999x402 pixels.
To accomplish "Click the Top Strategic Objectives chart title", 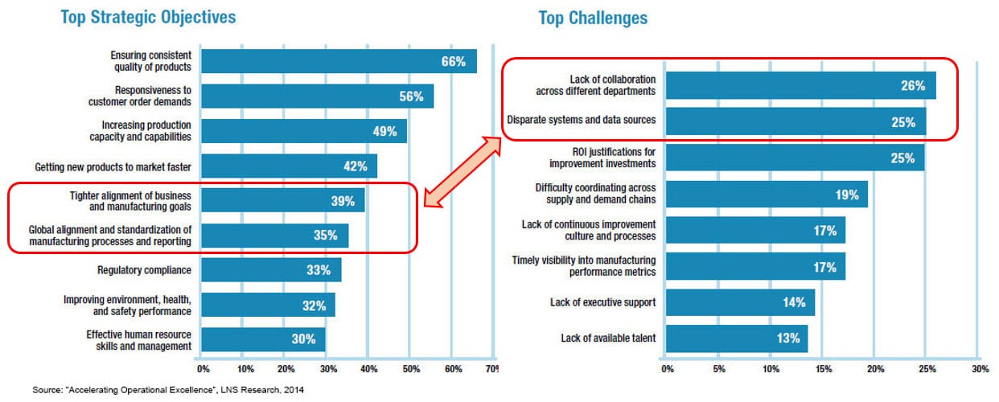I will tap(148, 17).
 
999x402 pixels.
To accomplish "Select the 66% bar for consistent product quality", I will tap(338, 62).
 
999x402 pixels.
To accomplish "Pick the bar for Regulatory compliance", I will tap(270, 270).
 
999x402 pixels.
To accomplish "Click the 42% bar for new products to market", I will tap(288, 166).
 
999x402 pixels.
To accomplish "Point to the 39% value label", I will tap(342, 201).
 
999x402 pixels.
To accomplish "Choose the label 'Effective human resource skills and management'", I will tap(138, 340).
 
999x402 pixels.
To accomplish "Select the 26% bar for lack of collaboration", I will tap(800, 86).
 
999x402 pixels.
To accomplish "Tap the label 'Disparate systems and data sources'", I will tap(581, 121).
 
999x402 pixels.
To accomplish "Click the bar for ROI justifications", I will tap(795, 158).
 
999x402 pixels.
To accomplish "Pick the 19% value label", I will tap(846, 194).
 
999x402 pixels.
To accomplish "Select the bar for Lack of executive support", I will tap(740, 302).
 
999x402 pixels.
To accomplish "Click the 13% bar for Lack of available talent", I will tap(736, 338).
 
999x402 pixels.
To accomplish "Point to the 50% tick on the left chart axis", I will tap(410, 369).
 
